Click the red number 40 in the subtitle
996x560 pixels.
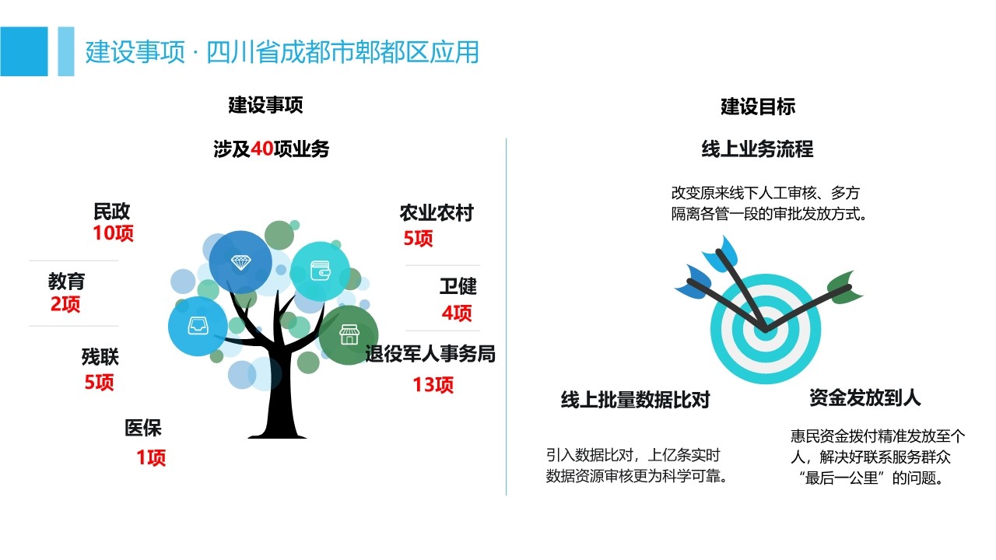coord(262,149)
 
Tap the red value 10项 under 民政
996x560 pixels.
coord(113,233)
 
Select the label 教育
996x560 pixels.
coord(66,282)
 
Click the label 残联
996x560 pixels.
coord(100,357)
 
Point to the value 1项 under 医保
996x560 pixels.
coord(151,457)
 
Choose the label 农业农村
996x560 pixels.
coord(437,213)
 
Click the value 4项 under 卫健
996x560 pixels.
coord(457,313)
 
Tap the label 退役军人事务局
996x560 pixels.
coord(430,354)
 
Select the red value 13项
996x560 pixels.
coord(433,384)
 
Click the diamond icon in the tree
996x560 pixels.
coord(241,262)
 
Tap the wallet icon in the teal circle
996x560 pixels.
coord(320,271)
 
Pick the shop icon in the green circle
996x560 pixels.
coord(349,334)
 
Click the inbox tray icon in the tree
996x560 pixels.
coord(198,326)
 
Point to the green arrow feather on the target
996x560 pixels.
coord(844,288)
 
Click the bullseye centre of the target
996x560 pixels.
coord(766,330)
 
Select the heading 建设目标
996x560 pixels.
coord(758,107)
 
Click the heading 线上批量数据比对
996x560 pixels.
coord(636,400)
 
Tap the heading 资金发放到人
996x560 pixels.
coord(864,397)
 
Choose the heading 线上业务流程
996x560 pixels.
coord(758,149)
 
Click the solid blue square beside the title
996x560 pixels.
coord(24,51)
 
